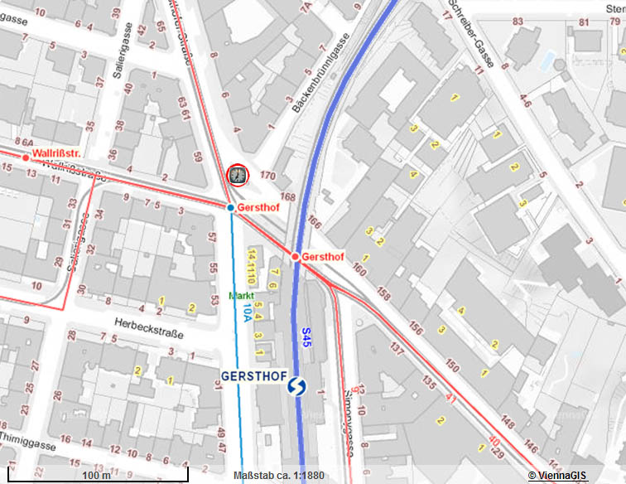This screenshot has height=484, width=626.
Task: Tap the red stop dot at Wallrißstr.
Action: coord(26,157)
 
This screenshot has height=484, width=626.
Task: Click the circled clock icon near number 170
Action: coord(237,175)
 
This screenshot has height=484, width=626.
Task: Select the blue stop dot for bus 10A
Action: coord(231,207)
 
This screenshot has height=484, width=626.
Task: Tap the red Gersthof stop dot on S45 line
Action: coord(295,257)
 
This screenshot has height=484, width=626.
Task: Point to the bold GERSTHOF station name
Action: coord(253,375)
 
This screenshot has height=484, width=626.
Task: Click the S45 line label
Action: coord(306,336)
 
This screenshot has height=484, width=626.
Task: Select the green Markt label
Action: coord(241,296)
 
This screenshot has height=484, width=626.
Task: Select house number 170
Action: coord(267,176)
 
